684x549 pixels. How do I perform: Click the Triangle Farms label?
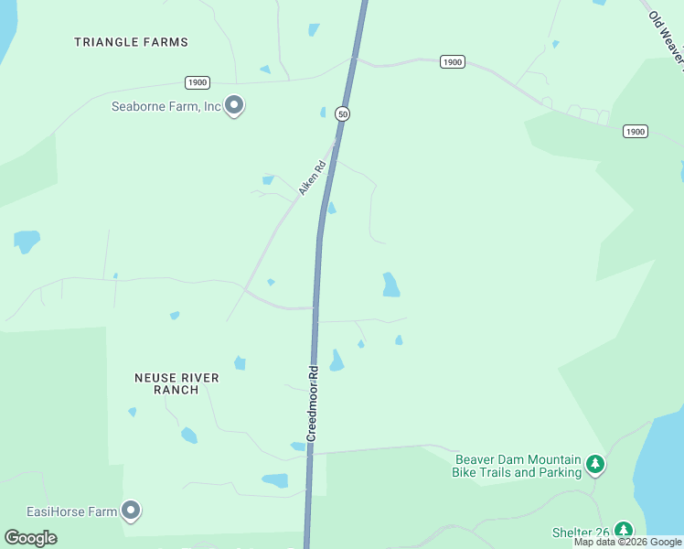tap(131, 42)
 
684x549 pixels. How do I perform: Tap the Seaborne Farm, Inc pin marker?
tap(234, 106)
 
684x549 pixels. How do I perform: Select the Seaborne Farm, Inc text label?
tap(166, 106)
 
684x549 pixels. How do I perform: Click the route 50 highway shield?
tap(342, 113)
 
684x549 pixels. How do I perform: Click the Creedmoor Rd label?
tap(313, 404)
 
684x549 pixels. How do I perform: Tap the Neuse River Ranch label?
tap(176, 383)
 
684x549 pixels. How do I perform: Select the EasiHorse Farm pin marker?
tap(131, 511)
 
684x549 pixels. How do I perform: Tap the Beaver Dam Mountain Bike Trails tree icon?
tap(595, 465)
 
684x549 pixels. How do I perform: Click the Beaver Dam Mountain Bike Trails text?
tap(517, 466)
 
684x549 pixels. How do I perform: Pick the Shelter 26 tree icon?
tap(623, 531)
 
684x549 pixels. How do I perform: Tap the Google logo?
tap(31, 538)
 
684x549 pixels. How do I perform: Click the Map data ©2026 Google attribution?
tap(627, 542)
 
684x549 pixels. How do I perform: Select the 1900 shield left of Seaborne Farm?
tap(197, 82)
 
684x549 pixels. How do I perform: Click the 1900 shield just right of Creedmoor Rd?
tap(452, 61)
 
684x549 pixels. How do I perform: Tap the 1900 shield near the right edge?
tap(636, 132)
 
